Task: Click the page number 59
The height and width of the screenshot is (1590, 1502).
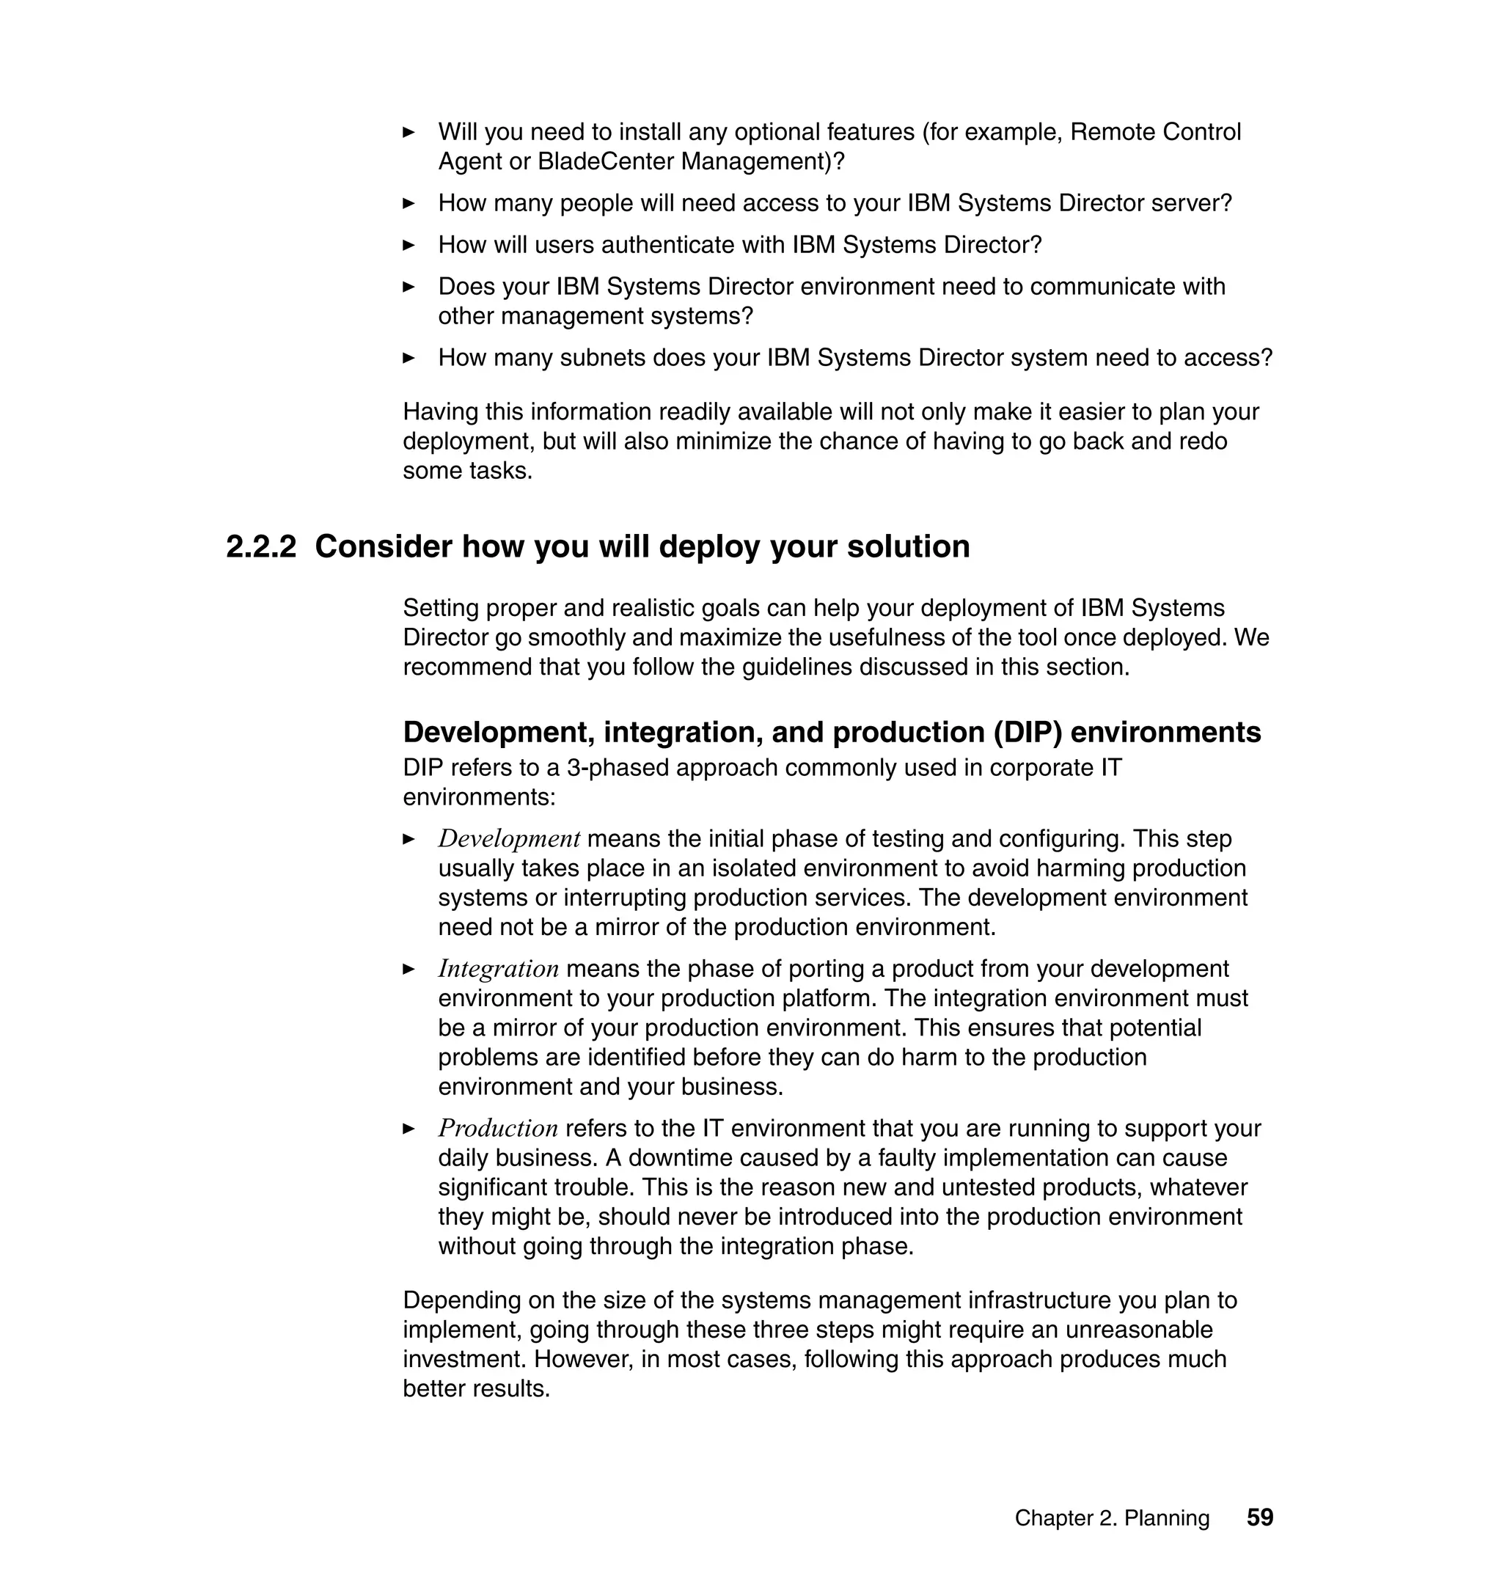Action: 1259,1517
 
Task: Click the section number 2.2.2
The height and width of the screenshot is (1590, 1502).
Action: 261,547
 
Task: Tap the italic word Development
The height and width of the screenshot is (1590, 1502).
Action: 508,838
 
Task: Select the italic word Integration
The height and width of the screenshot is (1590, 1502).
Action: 498,969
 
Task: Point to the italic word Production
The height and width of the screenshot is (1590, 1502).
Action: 497,1128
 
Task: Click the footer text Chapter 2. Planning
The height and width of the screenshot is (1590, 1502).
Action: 1111,1518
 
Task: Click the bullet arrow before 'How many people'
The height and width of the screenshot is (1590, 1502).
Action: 409,203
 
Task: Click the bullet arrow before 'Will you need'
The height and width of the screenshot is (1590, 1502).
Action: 409,132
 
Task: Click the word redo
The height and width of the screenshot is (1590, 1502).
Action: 1203,441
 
